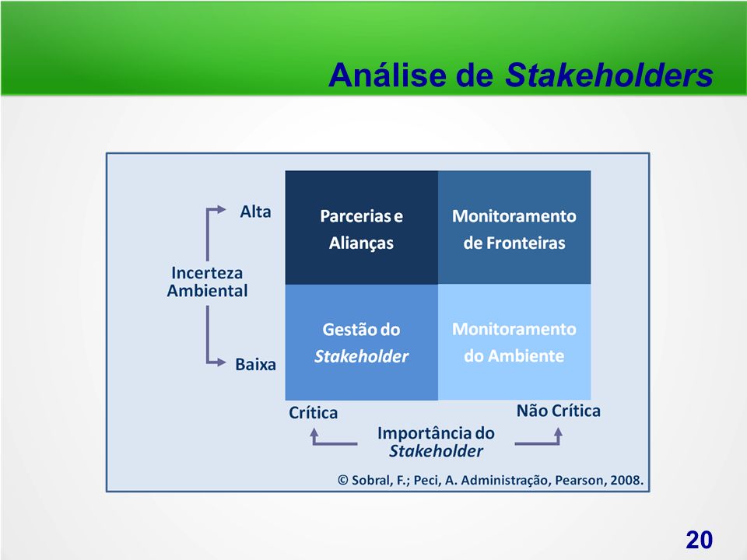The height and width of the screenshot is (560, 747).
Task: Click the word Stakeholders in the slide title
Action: pyautogui.click(x=608, y=75)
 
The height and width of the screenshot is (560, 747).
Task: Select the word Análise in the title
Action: pyautogui.click(x=388, y=75)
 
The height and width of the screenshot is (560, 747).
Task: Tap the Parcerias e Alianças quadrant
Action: pyautogui.click(x=362, y=228)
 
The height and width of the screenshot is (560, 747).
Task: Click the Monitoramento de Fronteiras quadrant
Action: pyautogui.click(x=514, y=228)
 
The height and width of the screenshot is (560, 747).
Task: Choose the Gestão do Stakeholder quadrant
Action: pyautogui.click(x=362, y=342)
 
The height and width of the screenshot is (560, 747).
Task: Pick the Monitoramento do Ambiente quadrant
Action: pyautogui.click(x=514, y=342)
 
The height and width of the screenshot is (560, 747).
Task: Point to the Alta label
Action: pyautogui.click(x=255, y=212)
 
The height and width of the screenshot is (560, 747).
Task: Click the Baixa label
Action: pyautogui.click(x=255, y=364)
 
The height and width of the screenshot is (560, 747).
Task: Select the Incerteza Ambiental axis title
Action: pyautogui.click(x=207, y=282)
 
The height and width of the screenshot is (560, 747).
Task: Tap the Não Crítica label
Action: pyautogui.click(x=559, y=411)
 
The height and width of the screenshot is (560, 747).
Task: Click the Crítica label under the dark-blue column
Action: pyautogui.click(x=313, y=412)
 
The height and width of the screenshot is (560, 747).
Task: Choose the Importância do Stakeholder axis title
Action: pyautogui.click(x=436, y=442)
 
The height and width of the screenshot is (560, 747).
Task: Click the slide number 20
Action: pyautogui.click(x=700, y=540)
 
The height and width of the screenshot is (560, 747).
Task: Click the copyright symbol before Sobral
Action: pyautogui.click(x=343, y=480)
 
